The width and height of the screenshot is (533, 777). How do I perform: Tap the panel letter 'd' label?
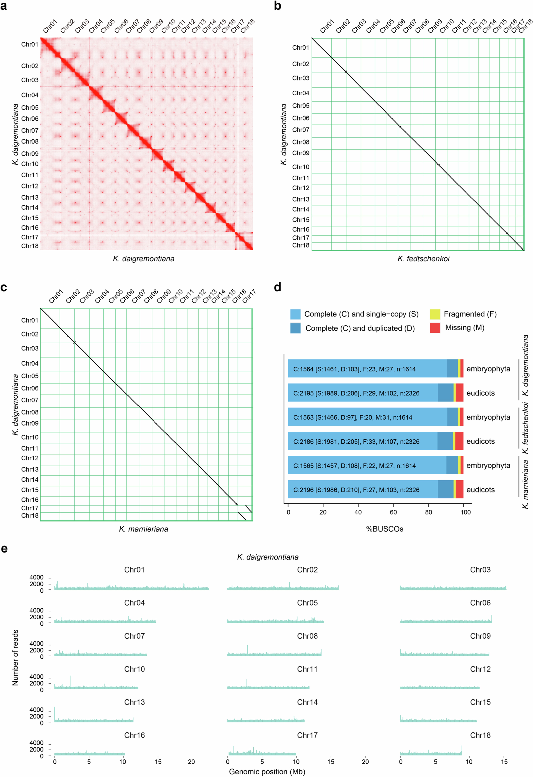277,288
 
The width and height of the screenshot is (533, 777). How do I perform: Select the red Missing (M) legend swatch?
435,328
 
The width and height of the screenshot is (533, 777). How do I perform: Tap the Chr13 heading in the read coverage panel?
134,702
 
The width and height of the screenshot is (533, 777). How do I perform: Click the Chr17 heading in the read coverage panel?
307,735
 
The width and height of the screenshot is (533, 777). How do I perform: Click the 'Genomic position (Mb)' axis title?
267,772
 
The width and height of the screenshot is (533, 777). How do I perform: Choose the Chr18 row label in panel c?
30,516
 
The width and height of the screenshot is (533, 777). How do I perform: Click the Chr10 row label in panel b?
301,167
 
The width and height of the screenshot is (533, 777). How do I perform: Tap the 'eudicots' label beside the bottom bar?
480,490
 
